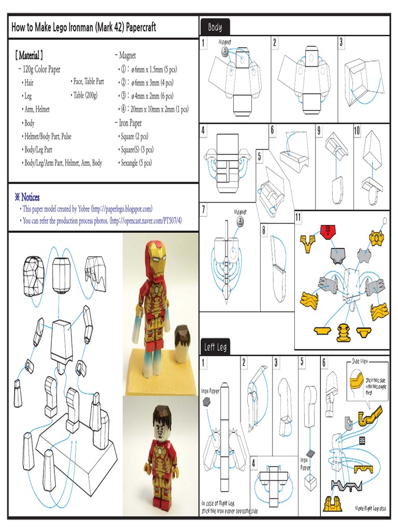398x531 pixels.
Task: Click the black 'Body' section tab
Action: point(215,27)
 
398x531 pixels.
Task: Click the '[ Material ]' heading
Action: point(29,55)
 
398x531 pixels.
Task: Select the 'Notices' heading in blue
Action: point(27,197)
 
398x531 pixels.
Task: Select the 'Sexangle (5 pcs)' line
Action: point(135,163)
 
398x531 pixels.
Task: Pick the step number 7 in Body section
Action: point(204,209)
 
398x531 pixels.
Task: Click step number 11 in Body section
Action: point(298,216)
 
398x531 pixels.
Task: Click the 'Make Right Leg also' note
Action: point(371,508)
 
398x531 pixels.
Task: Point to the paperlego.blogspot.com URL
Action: point(121,209)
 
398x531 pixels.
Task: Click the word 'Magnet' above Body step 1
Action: point(225,40)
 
